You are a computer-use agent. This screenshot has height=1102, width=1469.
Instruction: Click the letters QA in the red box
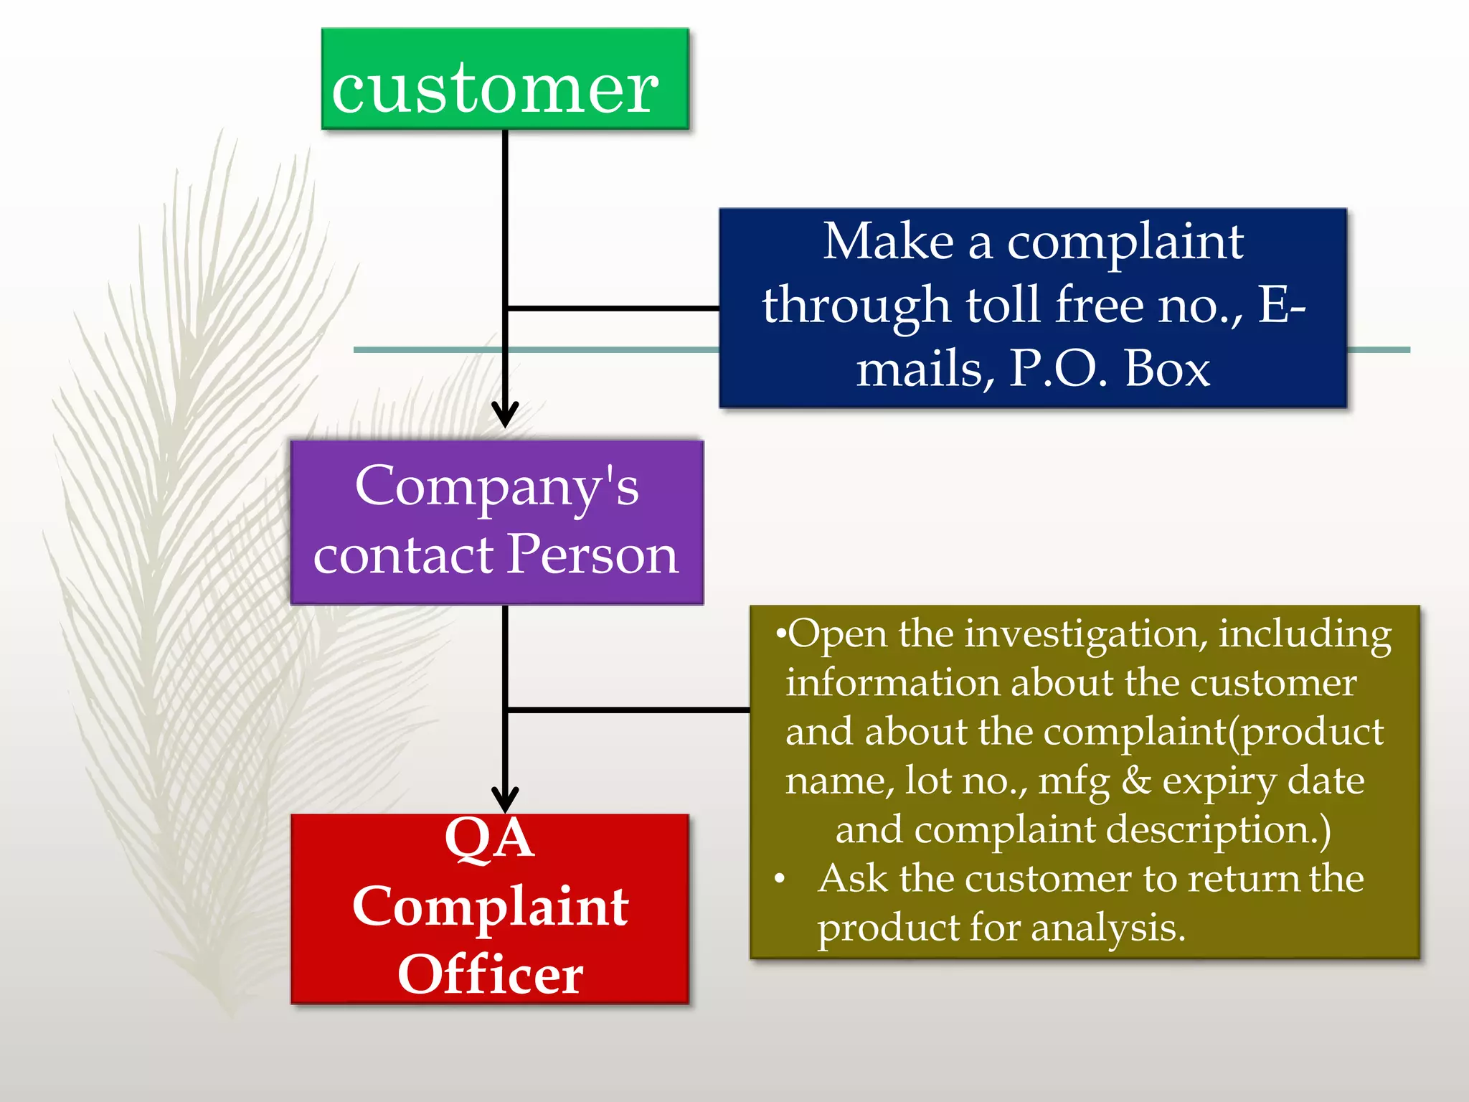tap(490, 838)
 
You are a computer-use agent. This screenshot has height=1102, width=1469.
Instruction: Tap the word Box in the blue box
tap(1167, 369)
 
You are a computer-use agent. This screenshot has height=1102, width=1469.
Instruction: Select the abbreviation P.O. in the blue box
tap(1059, 369)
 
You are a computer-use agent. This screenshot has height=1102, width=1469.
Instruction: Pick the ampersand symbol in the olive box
tap(1136, 781)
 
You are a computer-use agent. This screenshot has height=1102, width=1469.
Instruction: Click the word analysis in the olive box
tap(1107, 928)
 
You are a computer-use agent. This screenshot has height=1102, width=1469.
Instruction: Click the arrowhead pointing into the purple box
tap(505, 415)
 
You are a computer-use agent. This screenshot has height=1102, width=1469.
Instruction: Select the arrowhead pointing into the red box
tap(505, 799)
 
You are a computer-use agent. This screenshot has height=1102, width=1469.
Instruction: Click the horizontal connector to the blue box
tap(613, 309)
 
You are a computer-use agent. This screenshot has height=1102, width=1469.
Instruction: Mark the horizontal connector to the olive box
tap(628, 710)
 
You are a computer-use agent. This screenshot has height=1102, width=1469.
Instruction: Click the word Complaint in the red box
tap(491, 907)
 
